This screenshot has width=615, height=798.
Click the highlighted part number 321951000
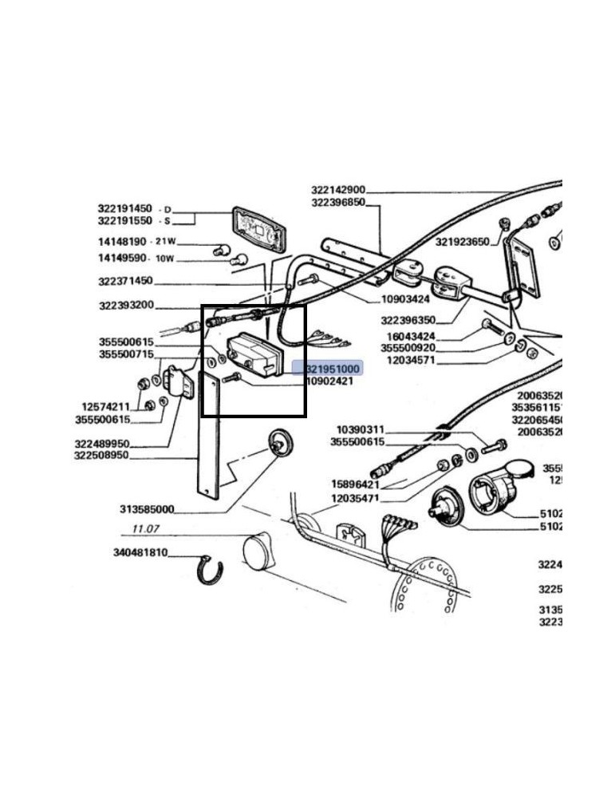pyautogui.click(x=333, y=369)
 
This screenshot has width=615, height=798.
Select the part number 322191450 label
pyautogui.click(x=124, y=209)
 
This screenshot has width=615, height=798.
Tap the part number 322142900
pyautogui.click(x=338, y=190)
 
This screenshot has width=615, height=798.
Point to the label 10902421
pyautogui.click(x=329, y=381)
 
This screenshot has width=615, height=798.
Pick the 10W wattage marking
pyautogui.click(x=164, y=259)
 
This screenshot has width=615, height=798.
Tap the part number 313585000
pyautogui.click(x=147, y=509)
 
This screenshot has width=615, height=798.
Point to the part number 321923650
pyautogui.click(x=462, y=242)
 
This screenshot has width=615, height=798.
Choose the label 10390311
pyautogui.click(x=360, y=429)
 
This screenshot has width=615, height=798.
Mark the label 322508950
pyautogui.click(x=124, y=456)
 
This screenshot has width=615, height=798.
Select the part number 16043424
pyautogui.click(x=412, y=336)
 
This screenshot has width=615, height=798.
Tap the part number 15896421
pyautogui.click(x=357, y=484)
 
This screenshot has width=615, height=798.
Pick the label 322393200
pyautogui.click(x=126, y=306)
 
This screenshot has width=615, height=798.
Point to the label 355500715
pyautogui.click(x=126, y=354)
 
